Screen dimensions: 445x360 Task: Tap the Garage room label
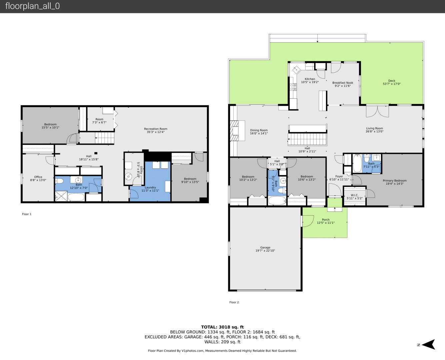(x=265, y=247)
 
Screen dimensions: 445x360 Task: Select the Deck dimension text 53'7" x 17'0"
(x=392, y=84)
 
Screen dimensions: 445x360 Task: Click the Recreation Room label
(x=156, y=129)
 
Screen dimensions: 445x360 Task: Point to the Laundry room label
(x=150, y=187)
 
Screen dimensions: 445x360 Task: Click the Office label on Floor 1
(x=38, y=177)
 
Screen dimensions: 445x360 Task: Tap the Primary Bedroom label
(x=395, y=181)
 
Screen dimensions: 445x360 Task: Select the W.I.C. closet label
(x=355, y=195)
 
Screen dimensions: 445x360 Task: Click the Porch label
(x=326, y=220)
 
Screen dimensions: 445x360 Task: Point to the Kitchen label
(x=310, y=79)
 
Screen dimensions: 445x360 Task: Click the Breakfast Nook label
(x=343, y=83)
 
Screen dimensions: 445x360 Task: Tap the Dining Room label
(x=259, y=130)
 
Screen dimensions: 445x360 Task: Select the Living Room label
(x=374, y=128)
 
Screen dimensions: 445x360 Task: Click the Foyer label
(x=339, y=176)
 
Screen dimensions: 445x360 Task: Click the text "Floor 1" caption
(x=27, y=214)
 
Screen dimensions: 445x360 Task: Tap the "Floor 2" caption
(x=234, y=302)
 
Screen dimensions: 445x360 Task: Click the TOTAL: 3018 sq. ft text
(x=222, y=327)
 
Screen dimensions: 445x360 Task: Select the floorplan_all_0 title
(x=33, y=6)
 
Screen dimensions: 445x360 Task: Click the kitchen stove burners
(x=293, y=87)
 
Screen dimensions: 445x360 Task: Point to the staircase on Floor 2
(x=307, y=139)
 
